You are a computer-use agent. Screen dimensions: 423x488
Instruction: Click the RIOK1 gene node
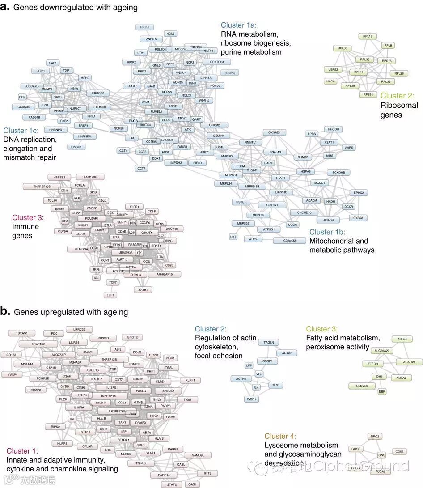144,27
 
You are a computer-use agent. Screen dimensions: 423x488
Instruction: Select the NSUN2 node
230,72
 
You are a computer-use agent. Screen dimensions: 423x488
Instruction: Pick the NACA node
330,81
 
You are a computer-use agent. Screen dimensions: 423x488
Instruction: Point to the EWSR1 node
74,146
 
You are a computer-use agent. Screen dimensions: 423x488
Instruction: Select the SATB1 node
143,289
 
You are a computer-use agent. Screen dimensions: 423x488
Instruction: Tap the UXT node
233,236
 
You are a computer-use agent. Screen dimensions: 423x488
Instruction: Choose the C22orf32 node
289,241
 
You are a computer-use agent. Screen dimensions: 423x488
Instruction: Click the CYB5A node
358,218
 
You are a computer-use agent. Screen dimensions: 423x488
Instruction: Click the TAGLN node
269,342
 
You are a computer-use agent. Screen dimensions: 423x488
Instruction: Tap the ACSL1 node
402,339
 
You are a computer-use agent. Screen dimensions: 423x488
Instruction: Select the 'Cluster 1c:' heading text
21,131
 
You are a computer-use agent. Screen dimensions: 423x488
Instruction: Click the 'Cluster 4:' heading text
280,436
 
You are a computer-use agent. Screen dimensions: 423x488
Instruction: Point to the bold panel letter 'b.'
5,311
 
